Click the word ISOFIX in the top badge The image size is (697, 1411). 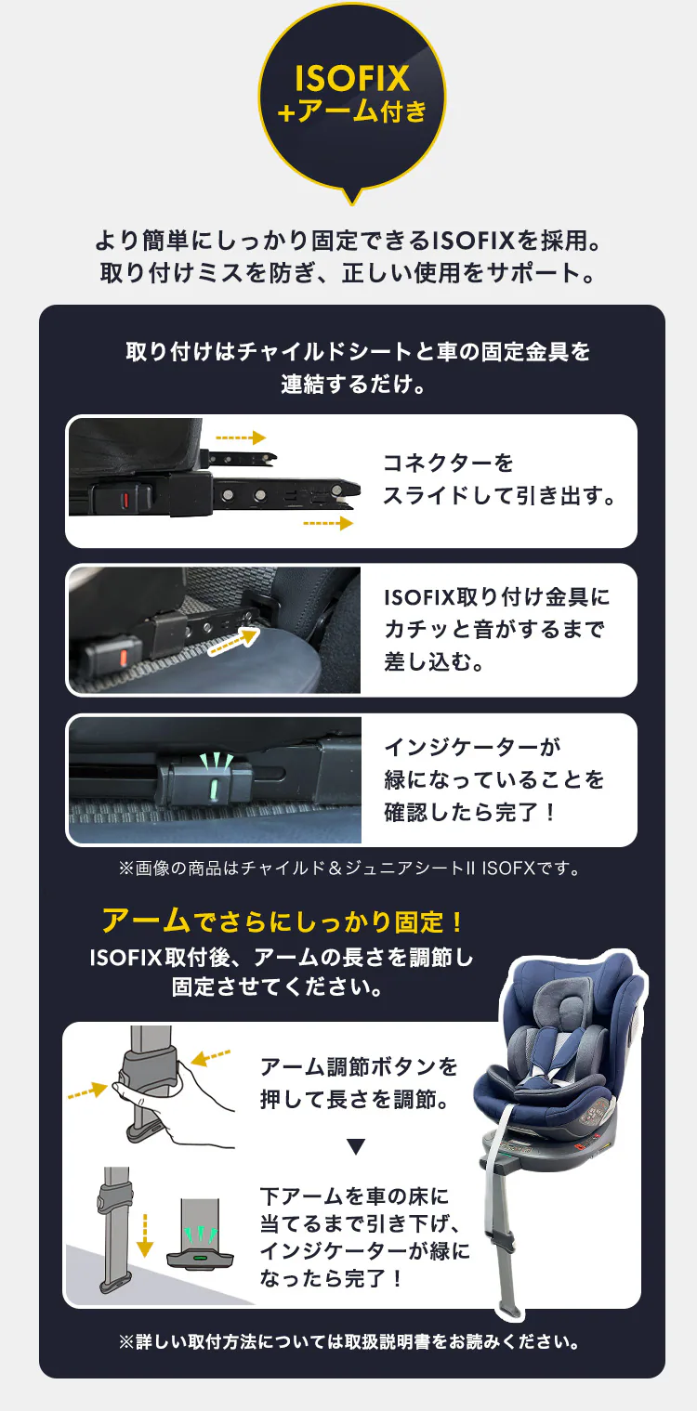(351, 78)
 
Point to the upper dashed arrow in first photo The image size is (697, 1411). (241, 438)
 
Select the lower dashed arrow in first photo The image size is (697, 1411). (328, 524)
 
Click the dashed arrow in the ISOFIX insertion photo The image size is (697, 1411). (231, 641)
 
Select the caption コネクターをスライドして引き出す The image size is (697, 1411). (499, 479)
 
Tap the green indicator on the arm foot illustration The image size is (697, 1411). (200, 1258)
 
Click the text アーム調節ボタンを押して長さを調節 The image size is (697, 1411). (359, 1083)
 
